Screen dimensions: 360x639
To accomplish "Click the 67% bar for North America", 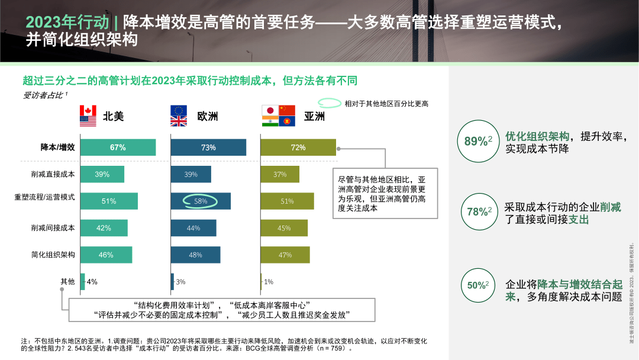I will [118, 147].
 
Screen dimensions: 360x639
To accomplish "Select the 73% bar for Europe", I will [208, 147].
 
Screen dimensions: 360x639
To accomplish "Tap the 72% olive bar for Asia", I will [298, 147].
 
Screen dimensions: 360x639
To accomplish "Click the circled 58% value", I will [201, 201].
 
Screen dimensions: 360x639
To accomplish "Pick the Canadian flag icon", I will [88, 111].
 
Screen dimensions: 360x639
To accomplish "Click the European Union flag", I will [178, 111].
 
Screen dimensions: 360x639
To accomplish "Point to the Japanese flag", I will [269, 111].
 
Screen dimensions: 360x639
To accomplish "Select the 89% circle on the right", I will [478, 141].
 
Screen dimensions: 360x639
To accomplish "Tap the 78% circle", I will [478, 211].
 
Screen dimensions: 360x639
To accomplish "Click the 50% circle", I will [478, 285].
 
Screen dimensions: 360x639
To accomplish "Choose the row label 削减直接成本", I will [53, 174].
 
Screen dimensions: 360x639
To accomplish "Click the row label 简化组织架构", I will [53, 255].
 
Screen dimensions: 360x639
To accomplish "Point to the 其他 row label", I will [67, 281].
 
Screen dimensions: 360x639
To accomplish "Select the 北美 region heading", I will [114, 116].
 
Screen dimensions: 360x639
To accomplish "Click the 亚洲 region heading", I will [314, 116].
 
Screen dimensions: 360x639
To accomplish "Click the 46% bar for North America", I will [105, 255].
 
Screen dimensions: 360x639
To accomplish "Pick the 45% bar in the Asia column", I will [284, 228].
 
